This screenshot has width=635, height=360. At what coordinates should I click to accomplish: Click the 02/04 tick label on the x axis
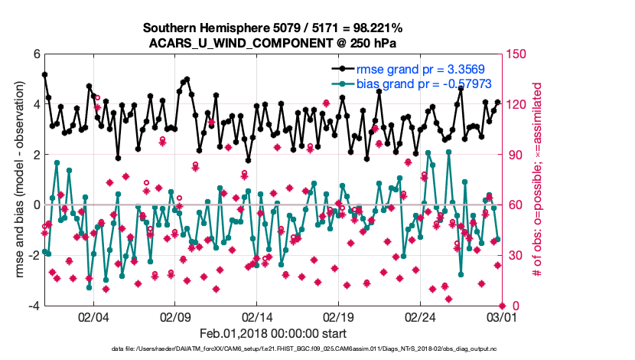(x=93, y=317)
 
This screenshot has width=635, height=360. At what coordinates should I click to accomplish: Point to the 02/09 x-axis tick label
(x=175, y=317)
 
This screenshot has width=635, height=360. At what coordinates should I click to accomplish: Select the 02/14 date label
(x=258, y=317)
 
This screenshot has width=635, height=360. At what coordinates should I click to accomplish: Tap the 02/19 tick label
(x=340, y=317)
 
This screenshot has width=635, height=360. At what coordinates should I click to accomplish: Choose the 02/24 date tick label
(x=422, y=317)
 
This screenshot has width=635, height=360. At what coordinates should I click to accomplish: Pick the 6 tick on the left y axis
(x=36, y=54)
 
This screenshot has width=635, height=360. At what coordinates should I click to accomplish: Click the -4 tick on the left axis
(x=34, y=306)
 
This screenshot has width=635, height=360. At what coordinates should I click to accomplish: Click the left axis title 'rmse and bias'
(x=19, y=180)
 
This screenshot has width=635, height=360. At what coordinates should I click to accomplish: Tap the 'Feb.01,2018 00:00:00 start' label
(x=273, y=333)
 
